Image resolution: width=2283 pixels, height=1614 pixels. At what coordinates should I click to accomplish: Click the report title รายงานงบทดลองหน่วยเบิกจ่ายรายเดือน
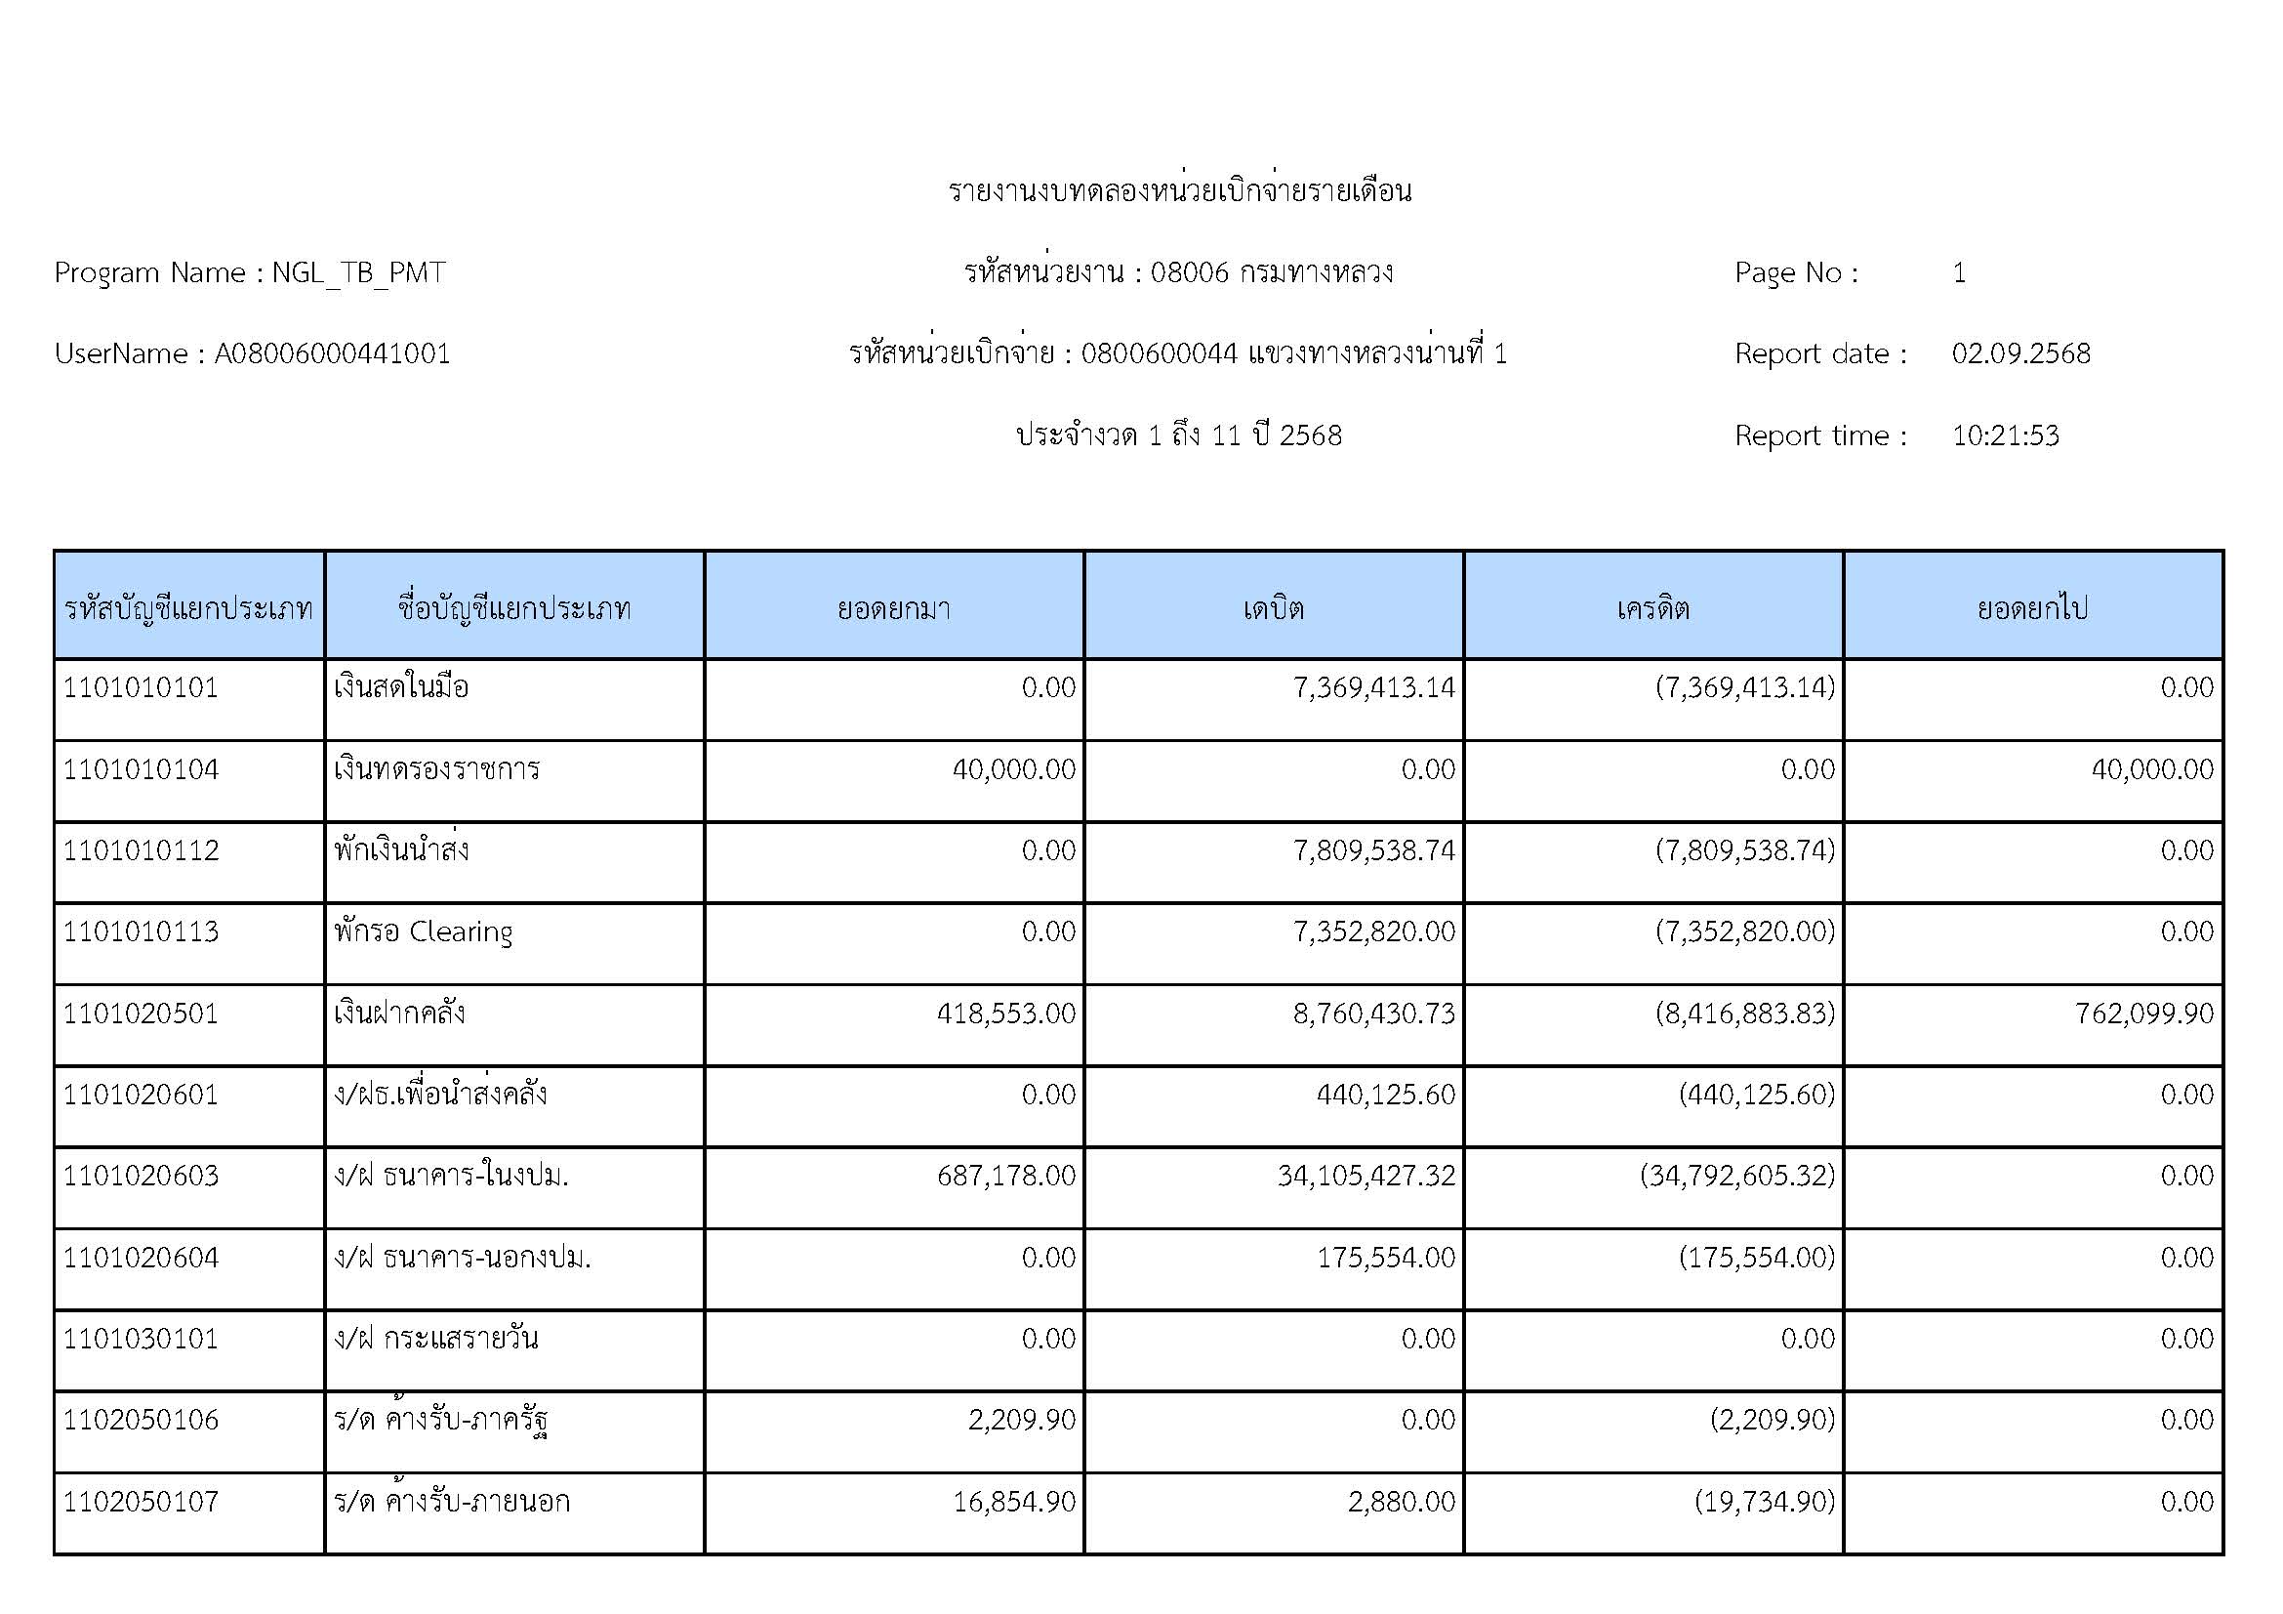click(1179, 190)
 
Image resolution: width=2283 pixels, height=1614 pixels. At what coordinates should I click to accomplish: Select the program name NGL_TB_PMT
click(358, 272)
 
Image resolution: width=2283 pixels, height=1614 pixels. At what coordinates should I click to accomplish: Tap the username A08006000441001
click(332, 354)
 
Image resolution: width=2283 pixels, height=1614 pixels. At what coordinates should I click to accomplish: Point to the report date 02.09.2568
click(2020, 354)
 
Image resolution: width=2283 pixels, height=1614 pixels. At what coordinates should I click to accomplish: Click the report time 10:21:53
click(2005, 435)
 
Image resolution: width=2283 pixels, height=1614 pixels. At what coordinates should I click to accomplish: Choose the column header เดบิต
click(1273, 607)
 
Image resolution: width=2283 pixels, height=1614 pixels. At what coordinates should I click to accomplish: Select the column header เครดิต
click(1652, 607)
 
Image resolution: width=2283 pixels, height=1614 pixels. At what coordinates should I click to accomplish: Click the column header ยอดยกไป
click(2032, 607)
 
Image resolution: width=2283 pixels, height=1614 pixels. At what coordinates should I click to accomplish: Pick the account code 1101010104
click(142, 769)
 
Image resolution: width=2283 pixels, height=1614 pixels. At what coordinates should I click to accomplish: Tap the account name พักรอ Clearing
click(424, 931)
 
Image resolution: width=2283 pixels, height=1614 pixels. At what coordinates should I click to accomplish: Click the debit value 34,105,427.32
click(1366, 1177)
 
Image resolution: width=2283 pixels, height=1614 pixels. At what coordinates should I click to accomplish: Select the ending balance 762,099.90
click(2143, 1014)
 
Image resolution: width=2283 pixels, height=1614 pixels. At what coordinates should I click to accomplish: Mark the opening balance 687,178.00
click(1006, 1177)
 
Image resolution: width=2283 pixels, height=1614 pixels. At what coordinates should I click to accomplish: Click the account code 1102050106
click(142, 1420)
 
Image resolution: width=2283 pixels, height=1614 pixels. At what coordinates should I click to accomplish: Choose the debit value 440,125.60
click(1386, 1095)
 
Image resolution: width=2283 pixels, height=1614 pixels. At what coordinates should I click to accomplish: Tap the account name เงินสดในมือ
click(402, 688)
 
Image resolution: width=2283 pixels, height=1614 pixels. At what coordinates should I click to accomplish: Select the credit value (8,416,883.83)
click(1745, 1014)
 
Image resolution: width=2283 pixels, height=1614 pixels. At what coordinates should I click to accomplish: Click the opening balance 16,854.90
click(1014, 1502)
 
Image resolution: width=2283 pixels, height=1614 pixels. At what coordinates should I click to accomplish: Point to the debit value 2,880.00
click(1402, 1502)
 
